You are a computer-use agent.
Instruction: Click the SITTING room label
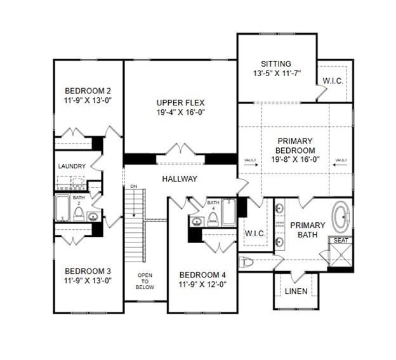(275, 63)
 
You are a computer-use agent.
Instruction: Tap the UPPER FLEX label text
(181, 102)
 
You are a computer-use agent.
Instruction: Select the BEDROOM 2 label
(88, 90)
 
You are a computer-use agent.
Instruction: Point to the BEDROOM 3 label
(88, 269)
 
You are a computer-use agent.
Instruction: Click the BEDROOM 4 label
(202, 275)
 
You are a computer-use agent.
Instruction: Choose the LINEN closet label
(296, 291)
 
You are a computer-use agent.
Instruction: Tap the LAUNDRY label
(72, 166)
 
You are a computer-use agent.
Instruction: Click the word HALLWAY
(180, 179)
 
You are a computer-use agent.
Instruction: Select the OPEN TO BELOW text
(145, 281)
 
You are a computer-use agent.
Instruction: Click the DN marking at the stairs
(133, 187)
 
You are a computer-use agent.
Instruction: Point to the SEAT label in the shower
(340, 240)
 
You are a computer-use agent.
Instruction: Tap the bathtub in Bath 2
(62, 208)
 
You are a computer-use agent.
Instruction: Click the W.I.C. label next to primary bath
(255, 234)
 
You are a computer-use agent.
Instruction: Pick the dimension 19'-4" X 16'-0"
(181, 112)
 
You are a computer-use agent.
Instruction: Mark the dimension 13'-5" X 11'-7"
(275, 73)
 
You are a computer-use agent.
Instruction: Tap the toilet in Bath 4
(213, 218)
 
